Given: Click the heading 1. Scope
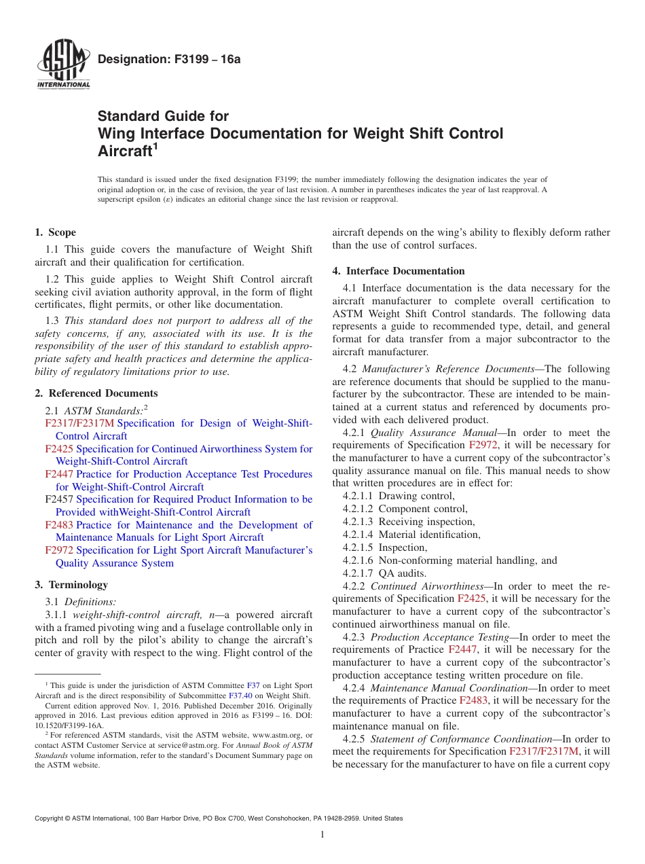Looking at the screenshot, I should [56, 232].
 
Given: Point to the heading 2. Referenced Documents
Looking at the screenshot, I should [96, 393].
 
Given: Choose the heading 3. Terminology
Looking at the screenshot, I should [71, 584].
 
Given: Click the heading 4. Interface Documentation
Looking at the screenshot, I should [399, 271].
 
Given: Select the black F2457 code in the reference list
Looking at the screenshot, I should [59, 499].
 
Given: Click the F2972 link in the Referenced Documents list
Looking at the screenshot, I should [59, 550].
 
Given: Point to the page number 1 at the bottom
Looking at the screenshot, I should [322, 834].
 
